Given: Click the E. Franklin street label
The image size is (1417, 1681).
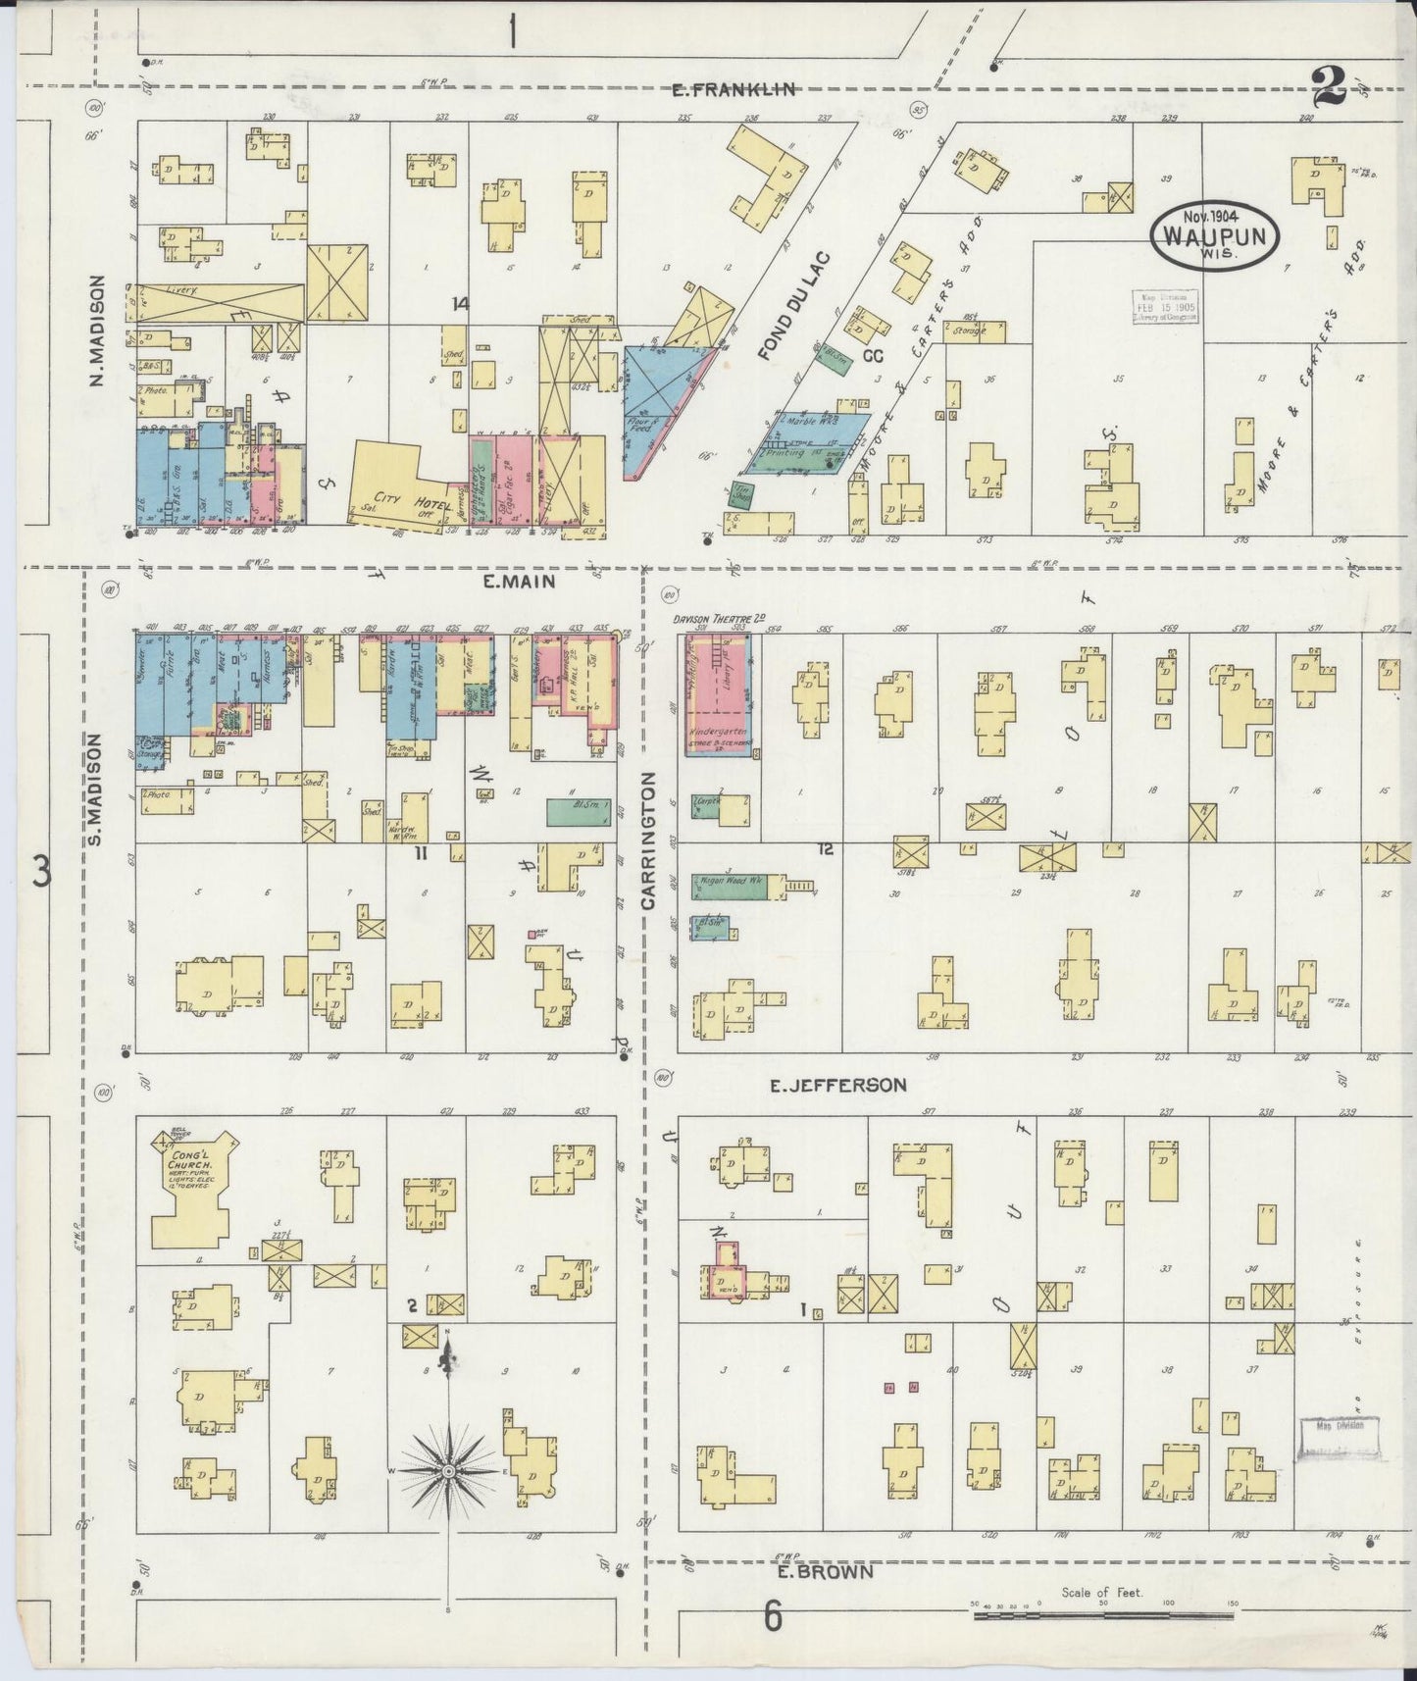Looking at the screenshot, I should coord(733,89).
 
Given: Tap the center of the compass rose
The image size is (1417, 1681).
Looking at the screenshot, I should coord(448,1472).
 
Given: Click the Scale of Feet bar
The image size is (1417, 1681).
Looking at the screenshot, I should coord(1102,1611).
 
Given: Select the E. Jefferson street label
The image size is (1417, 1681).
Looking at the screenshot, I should coord(836,1085).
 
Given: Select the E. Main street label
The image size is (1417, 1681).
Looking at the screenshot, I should coord(519,582).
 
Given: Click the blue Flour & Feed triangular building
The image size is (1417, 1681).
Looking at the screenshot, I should coord(659,402).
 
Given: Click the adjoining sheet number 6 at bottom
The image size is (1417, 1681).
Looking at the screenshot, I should coord(773,1617).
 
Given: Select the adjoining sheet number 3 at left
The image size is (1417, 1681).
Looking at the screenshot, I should coord(41,870).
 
